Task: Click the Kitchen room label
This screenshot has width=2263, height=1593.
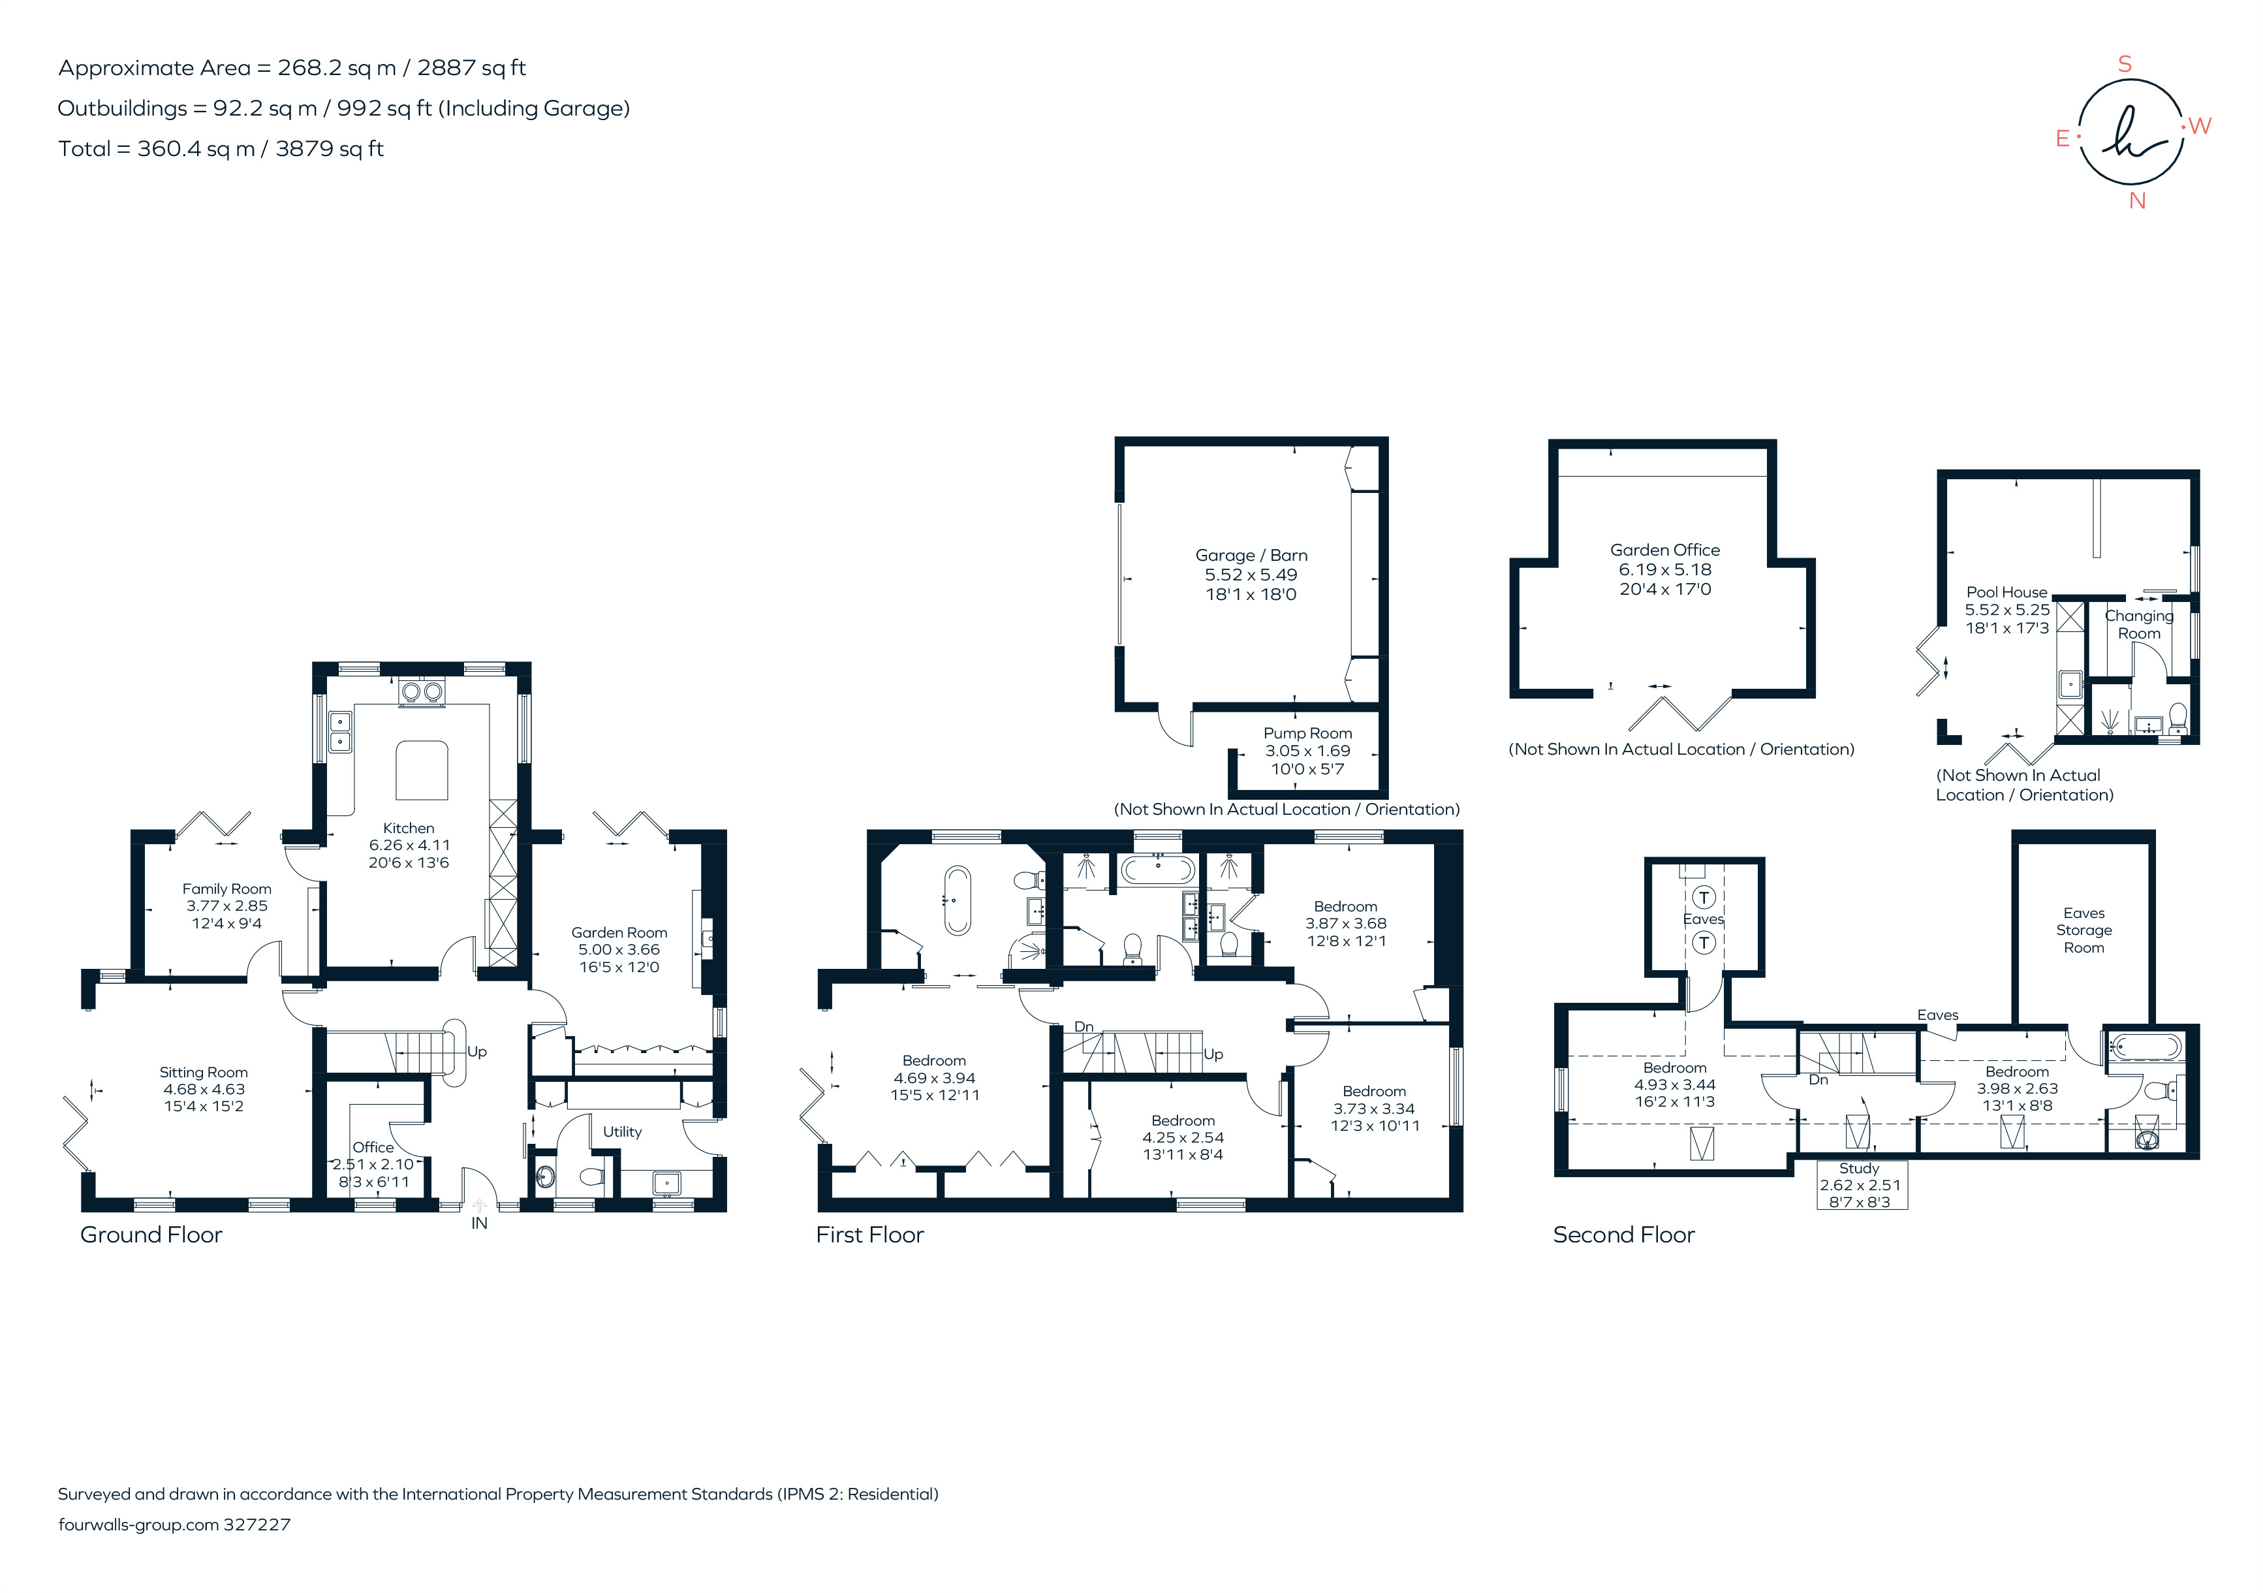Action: [x=408, y=828]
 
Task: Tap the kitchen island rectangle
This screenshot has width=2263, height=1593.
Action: [x=422, y=770]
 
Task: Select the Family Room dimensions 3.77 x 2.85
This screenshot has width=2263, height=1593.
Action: [x=226, y=906]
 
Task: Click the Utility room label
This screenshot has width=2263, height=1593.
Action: [x=622, y=1131]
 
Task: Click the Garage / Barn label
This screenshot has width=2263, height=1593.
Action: [x=1251, y=555]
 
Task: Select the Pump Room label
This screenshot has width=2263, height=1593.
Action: [x=1307, y=733]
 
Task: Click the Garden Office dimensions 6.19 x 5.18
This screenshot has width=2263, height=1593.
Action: [x=1664, y=570]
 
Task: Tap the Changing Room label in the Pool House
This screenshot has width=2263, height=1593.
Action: [x=2139, y=624]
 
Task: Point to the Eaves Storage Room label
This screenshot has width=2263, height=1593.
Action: [x=2084, y=930]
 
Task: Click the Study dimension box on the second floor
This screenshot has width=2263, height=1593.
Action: [x=1860, y=1185]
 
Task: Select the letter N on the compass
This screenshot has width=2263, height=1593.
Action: [x=2137, y=201]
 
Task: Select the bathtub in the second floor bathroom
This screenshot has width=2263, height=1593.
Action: [x=2146, y=1046]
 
